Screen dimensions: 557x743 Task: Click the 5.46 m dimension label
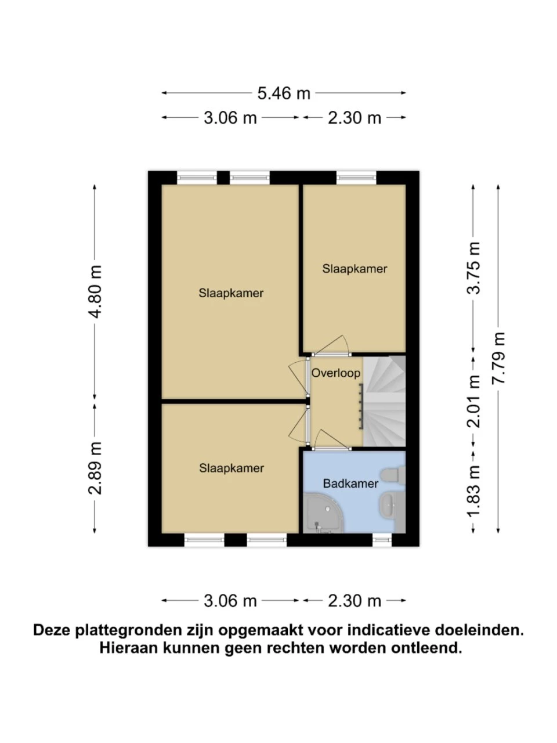point(283,93)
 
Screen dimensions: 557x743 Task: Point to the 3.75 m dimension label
point(473,268)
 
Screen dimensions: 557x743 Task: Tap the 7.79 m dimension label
point(498,358)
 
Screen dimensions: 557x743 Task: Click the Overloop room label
point(335,373)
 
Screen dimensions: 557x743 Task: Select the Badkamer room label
point(350,484)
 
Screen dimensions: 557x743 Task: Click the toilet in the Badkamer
point(393,475)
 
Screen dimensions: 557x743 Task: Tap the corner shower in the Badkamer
point(324,514)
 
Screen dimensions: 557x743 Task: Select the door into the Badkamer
point(332,441)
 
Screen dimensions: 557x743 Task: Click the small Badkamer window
point(382,540)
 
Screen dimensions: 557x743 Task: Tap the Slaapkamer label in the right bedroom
point(355,269)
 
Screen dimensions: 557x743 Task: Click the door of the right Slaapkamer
point(330,346)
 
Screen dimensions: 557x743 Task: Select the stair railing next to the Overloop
point(361,407)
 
